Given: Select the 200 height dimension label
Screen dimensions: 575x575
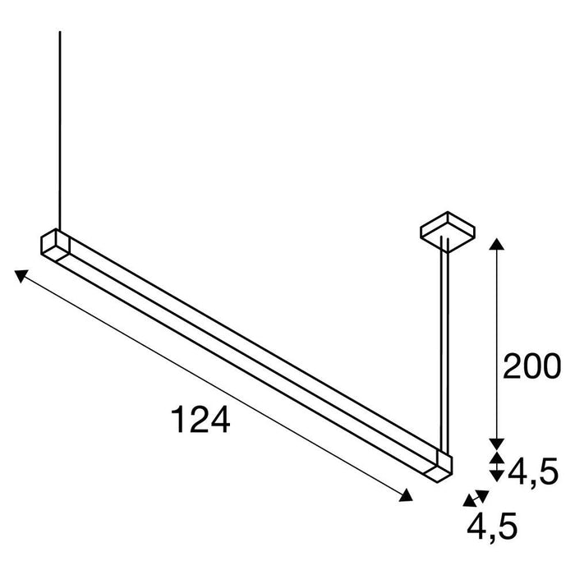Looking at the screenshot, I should click(x=531, y=366).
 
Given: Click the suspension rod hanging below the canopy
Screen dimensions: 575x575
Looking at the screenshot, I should click(x=444, y=345).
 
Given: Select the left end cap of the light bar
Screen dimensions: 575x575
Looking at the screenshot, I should click(x=53, y=245).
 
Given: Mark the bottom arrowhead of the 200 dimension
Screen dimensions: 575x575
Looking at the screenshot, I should click(x=495, y=440).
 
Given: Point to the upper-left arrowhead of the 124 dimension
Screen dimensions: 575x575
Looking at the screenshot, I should click(x=21, y=275).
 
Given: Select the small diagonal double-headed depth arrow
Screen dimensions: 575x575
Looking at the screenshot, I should click(x=475, y=497).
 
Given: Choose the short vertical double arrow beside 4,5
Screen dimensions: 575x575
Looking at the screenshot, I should click(x=495, y=466).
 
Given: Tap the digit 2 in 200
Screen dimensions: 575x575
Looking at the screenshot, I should click(x=513, y=366).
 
